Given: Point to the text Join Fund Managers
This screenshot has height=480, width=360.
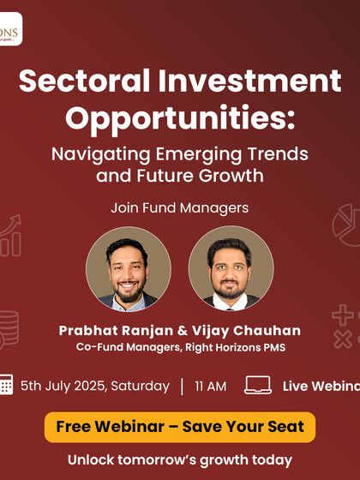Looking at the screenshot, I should [x=179, y=207].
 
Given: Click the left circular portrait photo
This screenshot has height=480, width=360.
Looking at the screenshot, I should [x=129, y=268].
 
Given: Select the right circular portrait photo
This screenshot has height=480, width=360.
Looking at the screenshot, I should [x=231, y=268].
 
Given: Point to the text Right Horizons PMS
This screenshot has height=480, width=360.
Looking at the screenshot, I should [x=244, y=348].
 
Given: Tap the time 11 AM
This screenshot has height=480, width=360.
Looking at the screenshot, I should [x=211, y=386].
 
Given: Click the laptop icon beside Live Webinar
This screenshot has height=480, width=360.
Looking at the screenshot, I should [x=258, y=385].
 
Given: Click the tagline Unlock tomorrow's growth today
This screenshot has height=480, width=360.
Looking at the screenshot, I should [x=179, y=459].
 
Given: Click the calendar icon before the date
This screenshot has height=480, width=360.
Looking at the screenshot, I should [x=5, y=385].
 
